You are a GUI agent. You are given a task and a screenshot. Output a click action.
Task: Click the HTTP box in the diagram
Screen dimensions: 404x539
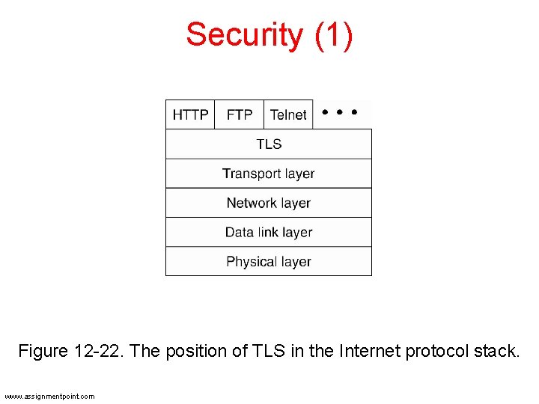[190, 114]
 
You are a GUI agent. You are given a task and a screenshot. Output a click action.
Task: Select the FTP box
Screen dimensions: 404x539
[240, 114]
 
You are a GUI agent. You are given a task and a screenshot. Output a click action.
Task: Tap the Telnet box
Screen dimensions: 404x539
[288, 114]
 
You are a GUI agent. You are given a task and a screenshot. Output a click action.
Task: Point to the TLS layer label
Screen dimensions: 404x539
[269, 144]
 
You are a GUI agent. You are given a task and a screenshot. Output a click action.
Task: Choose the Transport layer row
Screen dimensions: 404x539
[269, 174]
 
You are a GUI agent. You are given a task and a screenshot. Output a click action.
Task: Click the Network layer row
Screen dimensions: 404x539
[269, 203]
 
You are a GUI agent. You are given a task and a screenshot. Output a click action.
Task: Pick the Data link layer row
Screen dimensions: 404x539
[269, 232]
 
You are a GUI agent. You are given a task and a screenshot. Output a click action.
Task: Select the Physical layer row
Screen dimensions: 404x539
[269, 262]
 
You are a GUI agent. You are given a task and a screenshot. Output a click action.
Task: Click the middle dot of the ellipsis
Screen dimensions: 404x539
[339, 113]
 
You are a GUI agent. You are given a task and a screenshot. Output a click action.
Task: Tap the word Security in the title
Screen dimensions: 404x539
[244, 35]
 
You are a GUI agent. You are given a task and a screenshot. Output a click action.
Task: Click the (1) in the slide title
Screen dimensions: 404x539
[334, 35]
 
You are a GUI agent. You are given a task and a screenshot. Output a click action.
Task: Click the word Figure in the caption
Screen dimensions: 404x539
[43, 351]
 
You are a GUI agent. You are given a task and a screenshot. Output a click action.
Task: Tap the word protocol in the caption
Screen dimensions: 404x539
[437, 351]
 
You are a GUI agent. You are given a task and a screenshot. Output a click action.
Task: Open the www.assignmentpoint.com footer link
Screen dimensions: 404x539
[49, 396]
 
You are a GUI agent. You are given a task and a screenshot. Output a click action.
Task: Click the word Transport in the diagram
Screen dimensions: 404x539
[250, 174]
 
